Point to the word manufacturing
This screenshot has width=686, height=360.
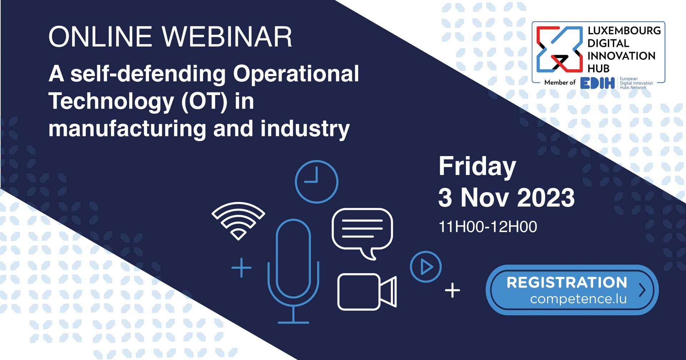tap(127, 129)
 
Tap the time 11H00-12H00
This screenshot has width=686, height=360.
tap(488, 227)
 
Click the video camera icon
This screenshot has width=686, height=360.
tap(367, 292)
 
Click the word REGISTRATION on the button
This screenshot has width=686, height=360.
tap(567, 282)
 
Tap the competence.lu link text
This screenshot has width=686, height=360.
tap(578, 299)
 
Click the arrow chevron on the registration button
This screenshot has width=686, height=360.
tap(642, 290)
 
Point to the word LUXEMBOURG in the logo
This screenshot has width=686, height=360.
tap(624, 31)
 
